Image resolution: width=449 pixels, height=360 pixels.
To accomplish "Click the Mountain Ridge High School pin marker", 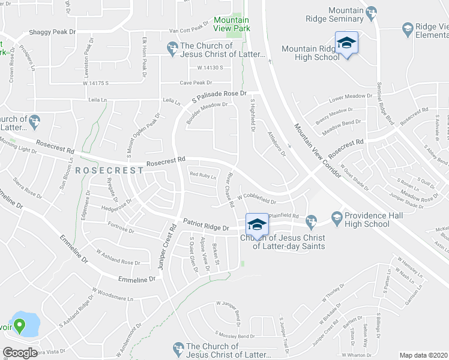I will click(x=346, y=44).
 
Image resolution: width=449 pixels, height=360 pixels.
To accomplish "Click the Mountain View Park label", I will click(x=232, y=23).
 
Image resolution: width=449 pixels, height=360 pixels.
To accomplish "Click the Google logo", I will click(x=20, y=353).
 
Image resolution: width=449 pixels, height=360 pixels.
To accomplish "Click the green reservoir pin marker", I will click(x=19, y=326).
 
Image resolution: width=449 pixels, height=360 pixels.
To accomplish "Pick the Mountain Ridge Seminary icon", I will click(x=372, y=11).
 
